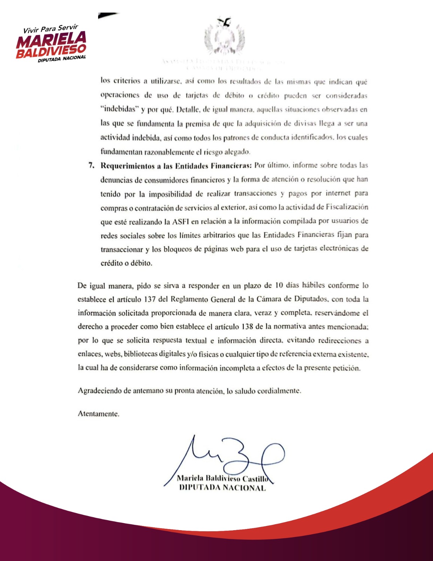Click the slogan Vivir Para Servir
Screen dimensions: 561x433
(50, 29)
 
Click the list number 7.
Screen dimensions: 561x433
(91, 165)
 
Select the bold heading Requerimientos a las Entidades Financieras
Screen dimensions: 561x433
(176, 166)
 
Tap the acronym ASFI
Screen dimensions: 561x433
(181, 221)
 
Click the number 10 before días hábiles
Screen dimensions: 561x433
(279, 285)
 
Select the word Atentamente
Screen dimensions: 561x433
(98, 414)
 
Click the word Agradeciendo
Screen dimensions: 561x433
(99, 391)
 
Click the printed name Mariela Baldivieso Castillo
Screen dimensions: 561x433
(222, 478)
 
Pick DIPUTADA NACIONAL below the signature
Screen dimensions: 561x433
(222, 487)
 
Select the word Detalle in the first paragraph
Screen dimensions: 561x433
(188, 109)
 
